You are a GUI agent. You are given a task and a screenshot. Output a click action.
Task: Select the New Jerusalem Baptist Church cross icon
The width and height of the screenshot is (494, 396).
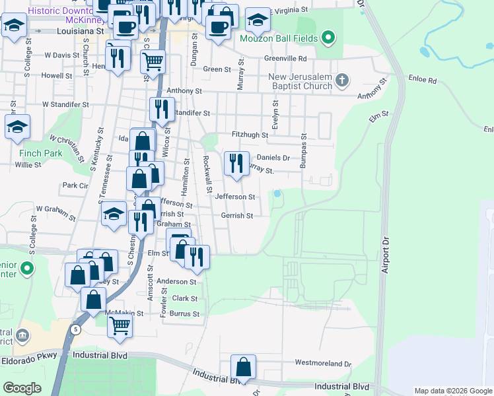click(341, 81)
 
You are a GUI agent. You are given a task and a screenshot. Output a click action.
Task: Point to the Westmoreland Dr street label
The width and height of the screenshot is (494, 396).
click(323, 363)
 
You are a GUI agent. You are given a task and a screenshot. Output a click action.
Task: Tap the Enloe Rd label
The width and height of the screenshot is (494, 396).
click(423, 80)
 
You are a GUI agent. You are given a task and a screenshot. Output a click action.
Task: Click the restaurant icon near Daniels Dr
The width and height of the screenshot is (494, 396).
click(236, 162)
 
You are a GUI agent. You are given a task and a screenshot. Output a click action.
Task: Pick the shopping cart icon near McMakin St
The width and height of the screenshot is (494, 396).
click(120, 325)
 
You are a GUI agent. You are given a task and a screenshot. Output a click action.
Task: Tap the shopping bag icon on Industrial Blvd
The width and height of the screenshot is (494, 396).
click(243, 366)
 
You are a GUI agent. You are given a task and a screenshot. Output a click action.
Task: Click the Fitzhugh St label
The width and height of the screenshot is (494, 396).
click(249, 135)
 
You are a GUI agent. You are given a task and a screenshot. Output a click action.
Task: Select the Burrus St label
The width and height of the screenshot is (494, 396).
click(186, 314)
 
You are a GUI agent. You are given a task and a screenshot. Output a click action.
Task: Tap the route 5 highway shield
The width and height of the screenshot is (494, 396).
click(77, 329)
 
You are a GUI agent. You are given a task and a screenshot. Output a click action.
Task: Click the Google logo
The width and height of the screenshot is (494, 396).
click(22, 388)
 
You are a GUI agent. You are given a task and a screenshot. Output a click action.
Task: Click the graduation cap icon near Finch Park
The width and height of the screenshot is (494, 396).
click(17, 127)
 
